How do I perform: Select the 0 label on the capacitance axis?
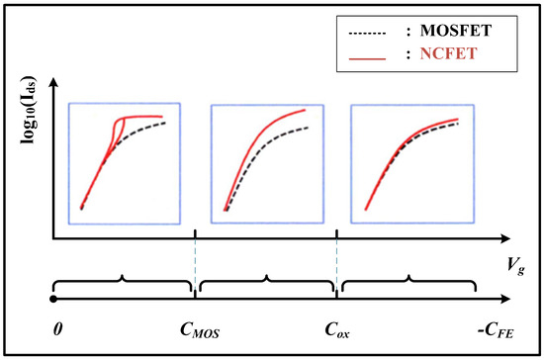[x=58, y=326]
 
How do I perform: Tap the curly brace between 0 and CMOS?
[x=123, y=284]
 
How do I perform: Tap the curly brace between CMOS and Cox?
[x=266, y=284]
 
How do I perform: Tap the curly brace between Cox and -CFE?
[x=408, y=284]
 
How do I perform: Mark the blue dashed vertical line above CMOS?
[x=196, y=267]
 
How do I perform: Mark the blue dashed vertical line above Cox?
[x=337, y=267]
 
